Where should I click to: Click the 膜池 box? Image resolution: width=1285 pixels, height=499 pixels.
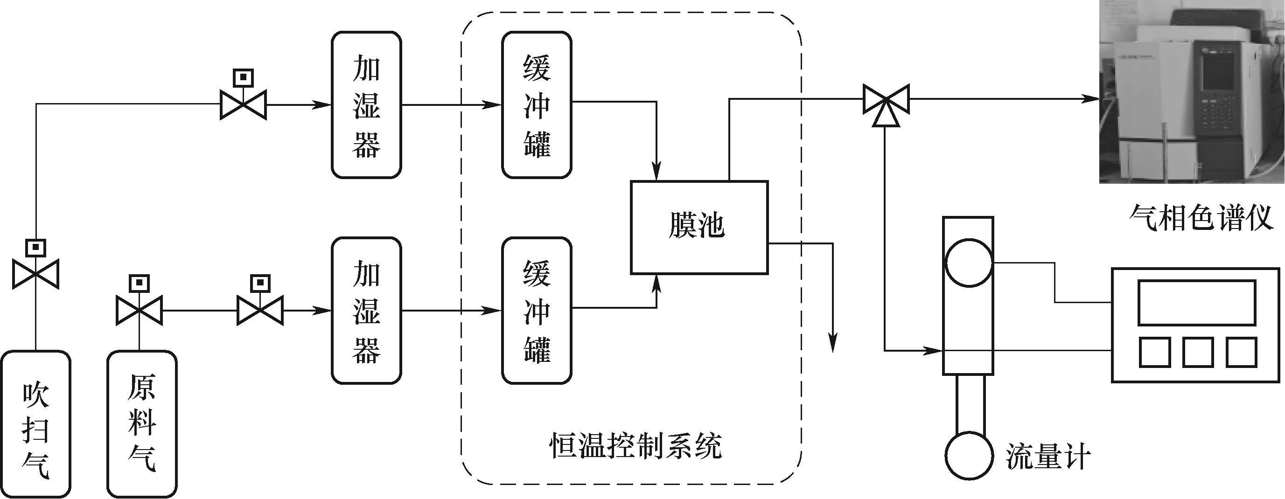coord(699,227)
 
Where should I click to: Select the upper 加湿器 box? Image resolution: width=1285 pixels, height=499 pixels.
coord(366,104)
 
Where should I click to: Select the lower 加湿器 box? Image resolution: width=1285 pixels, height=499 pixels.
coord(366,311)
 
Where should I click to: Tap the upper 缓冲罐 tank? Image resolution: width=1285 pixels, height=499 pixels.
coord(537,104)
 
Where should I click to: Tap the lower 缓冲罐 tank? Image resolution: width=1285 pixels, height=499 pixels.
coord(537,311)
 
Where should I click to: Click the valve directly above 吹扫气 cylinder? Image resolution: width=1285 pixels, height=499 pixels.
coord(35,274)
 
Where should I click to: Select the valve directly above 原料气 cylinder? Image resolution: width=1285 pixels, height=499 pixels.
coord(139,311)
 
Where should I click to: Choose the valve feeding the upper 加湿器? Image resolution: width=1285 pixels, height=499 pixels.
coord(244,104)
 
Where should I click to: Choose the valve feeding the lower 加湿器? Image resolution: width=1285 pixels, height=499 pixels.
coord(260,311)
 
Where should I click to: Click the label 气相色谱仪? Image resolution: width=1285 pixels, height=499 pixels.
coord(1201,218)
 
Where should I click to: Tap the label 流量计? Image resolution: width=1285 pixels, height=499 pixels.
coord(1047,456)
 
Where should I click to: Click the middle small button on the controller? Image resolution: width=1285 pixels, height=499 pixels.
coord(1198,352)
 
